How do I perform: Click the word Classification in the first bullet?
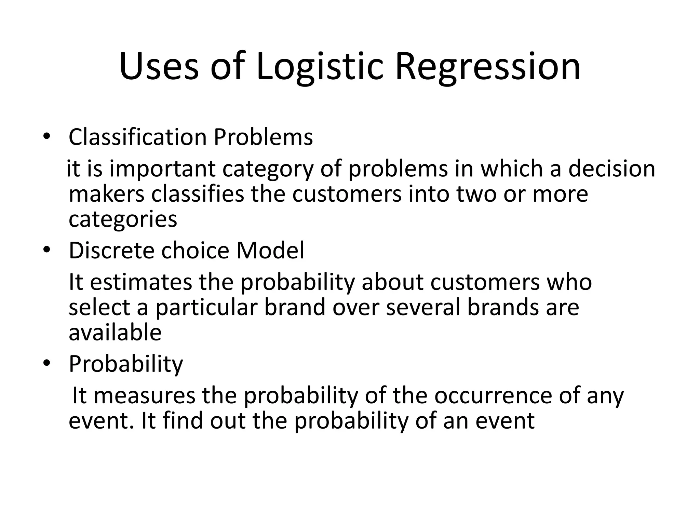point(138,137)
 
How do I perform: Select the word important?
point(163,169)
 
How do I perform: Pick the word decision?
point(612,169)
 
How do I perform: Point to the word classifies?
point(198,194)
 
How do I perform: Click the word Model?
point(270,251)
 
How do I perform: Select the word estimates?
point(142,282)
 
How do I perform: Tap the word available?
point(115,333)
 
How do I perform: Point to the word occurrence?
point(493,395)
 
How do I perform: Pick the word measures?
point(145,395)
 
